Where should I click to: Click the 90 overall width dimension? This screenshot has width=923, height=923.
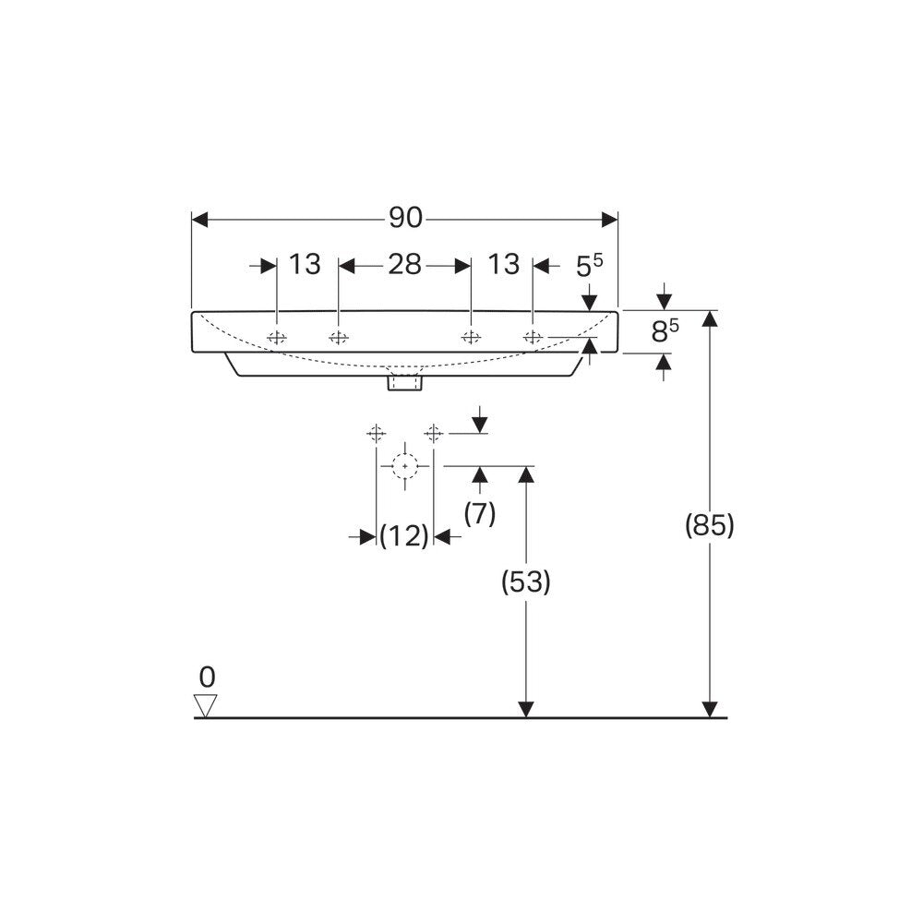(405, 219)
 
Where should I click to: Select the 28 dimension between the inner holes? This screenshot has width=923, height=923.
(404, 265)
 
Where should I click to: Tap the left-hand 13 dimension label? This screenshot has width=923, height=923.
(305, 264)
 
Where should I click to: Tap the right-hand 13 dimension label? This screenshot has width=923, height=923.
(504, 264)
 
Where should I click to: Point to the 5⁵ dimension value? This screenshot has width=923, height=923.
(589, 266)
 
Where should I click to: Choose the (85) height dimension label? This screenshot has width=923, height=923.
(709, 525)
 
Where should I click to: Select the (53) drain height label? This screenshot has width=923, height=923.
(526, 582)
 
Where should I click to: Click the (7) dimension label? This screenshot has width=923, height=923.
(480, 514)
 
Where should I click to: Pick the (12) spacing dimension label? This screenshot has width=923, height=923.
(404, 536)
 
